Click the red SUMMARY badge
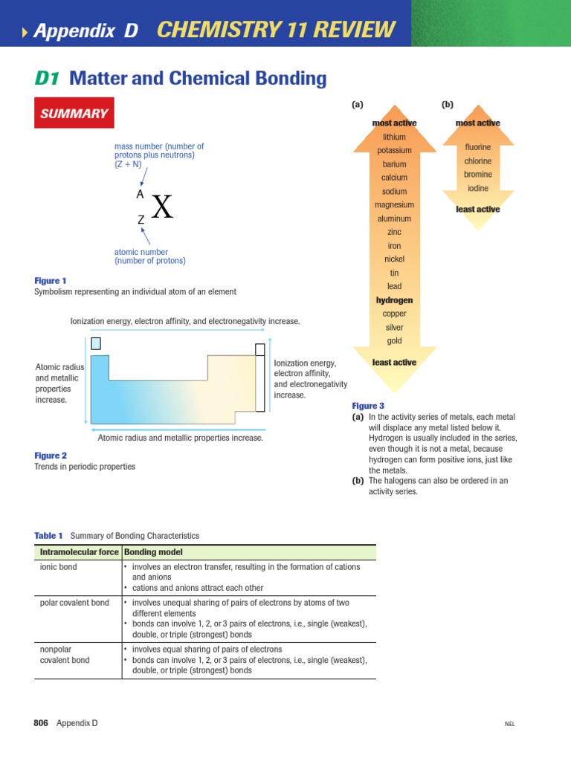[74, 114]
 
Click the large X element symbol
[162, 207]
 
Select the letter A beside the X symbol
[140, 194]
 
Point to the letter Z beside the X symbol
[141, 220]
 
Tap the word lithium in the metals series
[394, 137]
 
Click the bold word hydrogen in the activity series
[394, 300]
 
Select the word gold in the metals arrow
[394, 341]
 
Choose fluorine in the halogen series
[477, 147]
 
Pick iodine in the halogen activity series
[477, 188]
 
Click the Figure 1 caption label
[51, 281]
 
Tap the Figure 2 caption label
[51, 456]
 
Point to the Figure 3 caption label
[368, 406]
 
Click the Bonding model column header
[153, 552]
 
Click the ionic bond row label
[58, 567]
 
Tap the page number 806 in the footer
[42, 723]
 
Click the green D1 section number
[48, 78]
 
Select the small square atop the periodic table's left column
[95, 343]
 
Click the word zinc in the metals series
[394, 233]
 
